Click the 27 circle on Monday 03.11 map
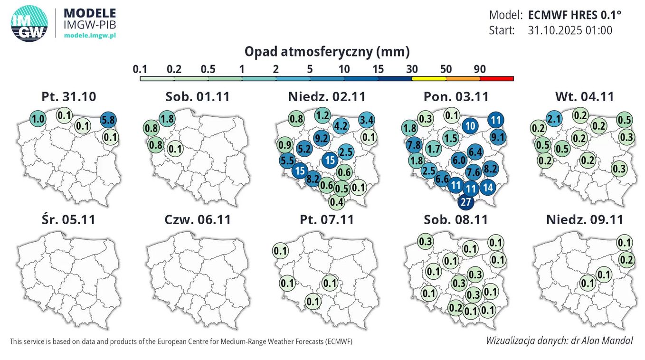click(x=466, y=202)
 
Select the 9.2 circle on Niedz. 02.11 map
click(x=322, y=138)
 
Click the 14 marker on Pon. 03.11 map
click(x=488, y=187)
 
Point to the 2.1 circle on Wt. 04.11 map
click(x=554, y=118)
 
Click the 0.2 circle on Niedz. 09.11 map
click(x=626, y=259)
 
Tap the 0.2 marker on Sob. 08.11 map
click(x=455, y=308)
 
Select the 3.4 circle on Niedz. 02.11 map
click(x=366, y=119)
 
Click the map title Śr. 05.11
click(x=68, y=220)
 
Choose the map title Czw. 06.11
click(x=198, y=220)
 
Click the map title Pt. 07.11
click(x=327, y=220)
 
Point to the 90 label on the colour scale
click(x=479, y=69)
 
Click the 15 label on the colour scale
click(x=378, y=69)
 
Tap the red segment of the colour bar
click(x=497, y=79)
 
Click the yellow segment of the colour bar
click(x=428, y=79)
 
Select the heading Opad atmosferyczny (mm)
click(x=327, y=51)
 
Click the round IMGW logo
click(x=29, y=24)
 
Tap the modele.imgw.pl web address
click(x=90, y=35)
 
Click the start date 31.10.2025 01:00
click(x=570, y=30)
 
